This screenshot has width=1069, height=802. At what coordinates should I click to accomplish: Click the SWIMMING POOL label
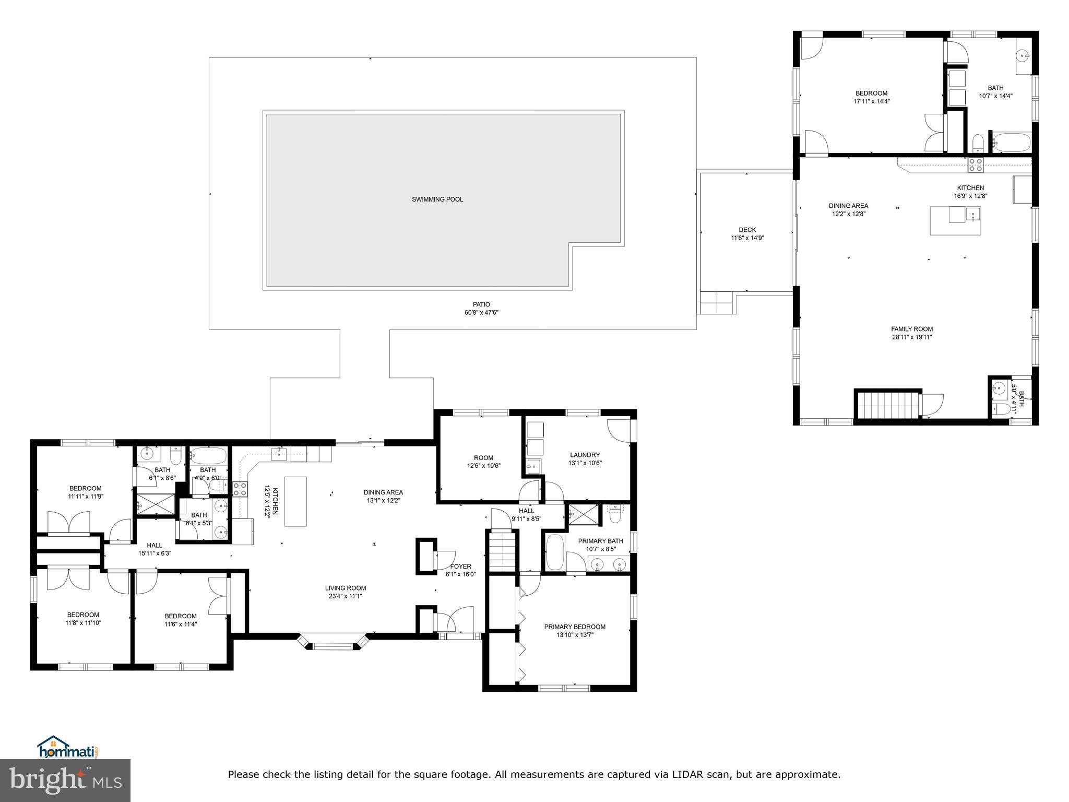(437, 199)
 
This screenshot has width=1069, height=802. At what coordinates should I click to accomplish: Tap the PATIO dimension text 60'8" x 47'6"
(481, 313)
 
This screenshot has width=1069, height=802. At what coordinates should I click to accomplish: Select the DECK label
(747, 230)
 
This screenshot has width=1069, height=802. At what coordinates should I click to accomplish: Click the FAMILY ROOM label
(911, 329)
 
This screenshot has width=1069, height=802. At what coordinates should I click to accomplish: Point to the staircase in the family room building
(887, 405)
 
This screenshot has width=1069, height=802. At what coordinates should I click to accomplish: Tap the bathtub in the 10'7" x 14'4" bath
(1011, 142)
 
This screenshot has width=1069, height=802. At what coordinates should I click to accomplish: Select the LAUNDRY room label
(585, 455)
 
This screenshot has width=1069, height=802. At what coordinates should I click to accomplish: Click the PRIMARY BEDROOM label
(574, 627)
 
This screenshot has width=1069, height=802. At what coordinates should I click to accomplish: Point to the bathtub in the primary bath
(554, 552)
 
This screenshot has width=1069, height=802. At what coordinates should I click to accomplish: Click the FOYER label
(460, 566)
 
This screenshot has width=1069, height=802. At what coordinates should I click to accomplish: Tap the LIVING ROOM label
(345, 588)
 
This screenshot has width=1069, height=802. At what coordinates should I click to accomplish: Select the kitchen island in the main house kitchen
(295, 501)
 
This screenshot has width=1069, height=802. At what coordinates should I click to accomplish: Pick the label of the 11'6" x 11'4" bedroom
(181, 616)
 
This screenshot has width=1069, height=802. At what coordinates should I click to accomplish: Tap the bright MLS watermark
(65, 781)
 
